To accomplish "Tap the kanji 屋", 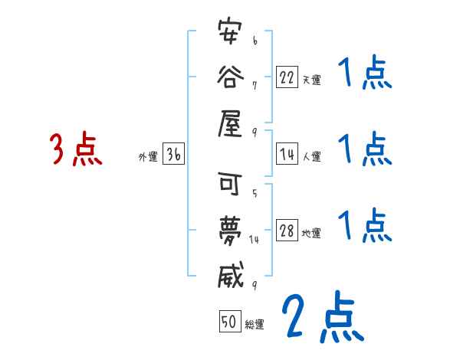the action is pyautogui.click(x=232, y=120).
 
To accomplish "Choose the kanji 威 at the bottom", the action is pyautogui.click(x=232, y=273).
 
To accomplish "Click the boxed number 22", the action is pyautogui.click(x=287, y=77).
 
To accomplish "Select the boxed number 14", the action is pyautogui.click(x=287, y=155).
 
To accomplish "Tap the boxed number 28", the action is pyautogui.click(x=287, y=231).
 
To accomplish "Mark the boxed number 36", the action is pyautogui.click(x=173, y=155).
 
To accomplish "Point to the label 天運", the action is pyautogui.click(x=311, y=80).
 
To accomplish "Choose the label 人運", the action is pyautogui.click(x=311, y=157).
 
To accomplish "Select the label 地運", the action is pyautogui.click(x=311, y=234).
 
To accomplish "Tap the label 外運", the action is pyautogui.click(x=148, y=157).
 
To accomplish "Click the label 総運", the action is pyautogui.click(x=255, y=324).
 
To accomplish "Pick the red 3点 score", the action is pyautogui.click(x=76, y=149).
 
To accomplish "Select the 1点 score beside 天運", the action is pyautogui.click(x=365, y=75).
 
